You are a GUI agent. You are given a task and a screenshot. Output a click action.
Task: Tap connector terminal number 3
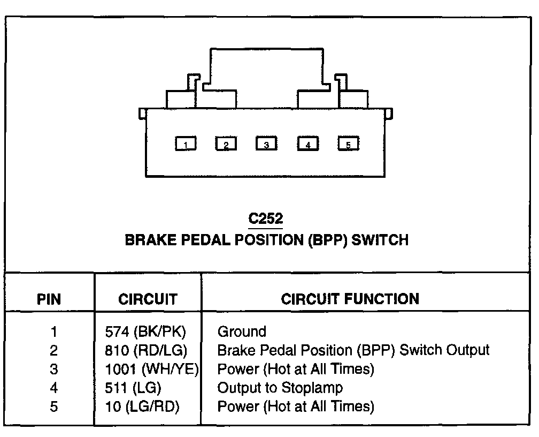tap(266, 144)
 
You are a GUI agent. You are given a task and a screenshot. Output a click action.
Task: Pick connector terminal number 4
tap(307, 144)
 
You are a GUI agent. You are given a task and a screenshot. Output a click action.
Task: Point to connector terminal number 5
tap(348, 144)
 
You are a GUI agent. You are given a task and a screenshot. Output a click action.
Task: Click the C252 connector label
tap(266, 218)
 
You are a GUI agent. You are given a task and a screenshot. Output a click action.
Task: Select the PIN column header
tap(49, 299)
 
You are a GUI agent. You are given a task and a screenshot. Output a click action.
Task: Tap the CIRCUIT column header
tap(148, 299)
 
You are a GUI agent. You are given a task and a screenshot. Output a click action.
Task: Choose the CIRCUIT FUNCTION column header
tap(350, 299)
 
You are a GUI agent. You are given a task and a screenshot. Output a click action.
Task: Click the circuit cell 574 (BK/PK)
tap(145, 332)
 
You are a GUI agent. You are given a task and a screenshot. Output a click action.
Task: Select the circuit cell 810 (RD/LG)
tap(146, 351)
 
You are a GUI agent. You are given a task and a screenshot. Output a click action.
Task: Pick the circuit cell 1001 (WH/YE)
tap(152, 370)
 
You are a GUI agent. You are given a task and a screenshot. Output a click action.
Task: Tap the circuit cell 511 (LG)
tap(133, 388)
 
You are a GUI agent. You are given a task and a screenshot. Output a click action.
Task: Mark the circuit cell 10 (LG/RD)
tap(142, 406)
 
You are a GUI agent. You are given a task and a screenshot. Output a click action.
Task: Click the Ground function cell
tap(242, 332)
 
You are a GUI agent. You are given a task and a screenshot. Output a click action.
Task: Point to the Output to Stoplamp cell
tap(280, 388)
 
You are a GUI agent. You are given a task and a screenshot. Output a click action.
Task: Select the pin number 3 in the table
tap(53, 370)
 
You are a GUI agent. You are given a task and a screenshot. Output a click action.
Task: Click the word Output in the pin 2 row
tap(466, 351)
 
